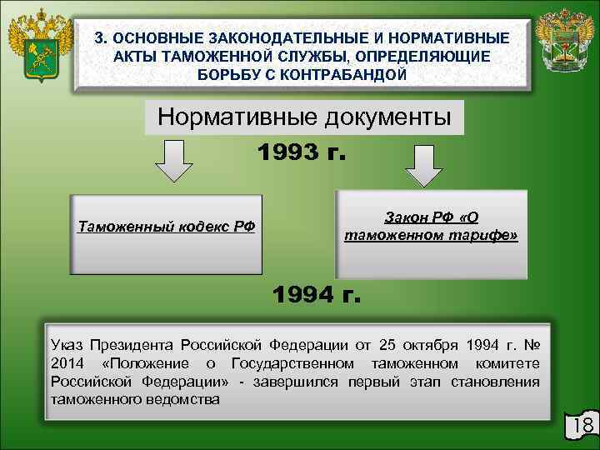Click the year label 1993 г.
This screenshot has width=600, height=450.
click(302, 153)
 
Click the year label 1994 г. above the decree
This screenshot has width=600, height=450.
click(317, 294)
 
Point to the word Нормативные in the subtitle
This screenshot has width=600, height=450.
click(226, 117)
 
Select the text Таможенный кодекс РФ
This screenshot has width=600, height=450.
click(166, 227)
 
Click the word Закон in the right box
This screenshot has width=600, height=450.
click(403, 217)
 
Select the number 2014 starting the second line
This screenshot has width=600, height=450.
click(67, 363)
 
